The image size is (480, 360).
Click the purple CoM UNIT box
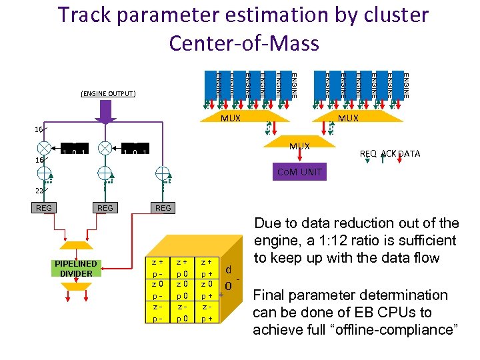click(299, 172)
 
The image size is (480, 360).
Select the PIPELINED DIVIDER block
click(75, 268)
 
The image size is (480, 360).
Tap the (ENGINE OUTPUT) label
click(108, 93)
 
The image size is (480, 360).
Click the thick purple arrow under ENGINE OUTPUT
click(105, 115)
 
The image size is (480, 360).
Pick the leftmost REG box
click(44, 208)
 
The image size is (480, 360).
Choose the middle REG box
click(105, 208)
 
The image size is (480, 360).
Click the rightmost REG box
click(163, 208)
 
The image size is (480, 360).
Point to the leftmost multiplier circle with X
click(45, 147)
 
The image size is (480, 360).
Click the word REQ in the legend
click(368, 154)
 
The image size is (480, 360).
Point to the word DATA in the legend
click(409, 154)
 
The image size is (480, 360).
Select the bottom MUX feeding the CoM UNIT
click(299, 146)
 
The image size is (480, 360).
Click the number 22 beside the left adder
click(41, 191)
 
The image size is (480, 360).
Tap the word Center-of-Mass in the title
click(244, 42)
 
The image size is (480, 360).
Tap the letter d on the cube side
click(229, 270)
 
